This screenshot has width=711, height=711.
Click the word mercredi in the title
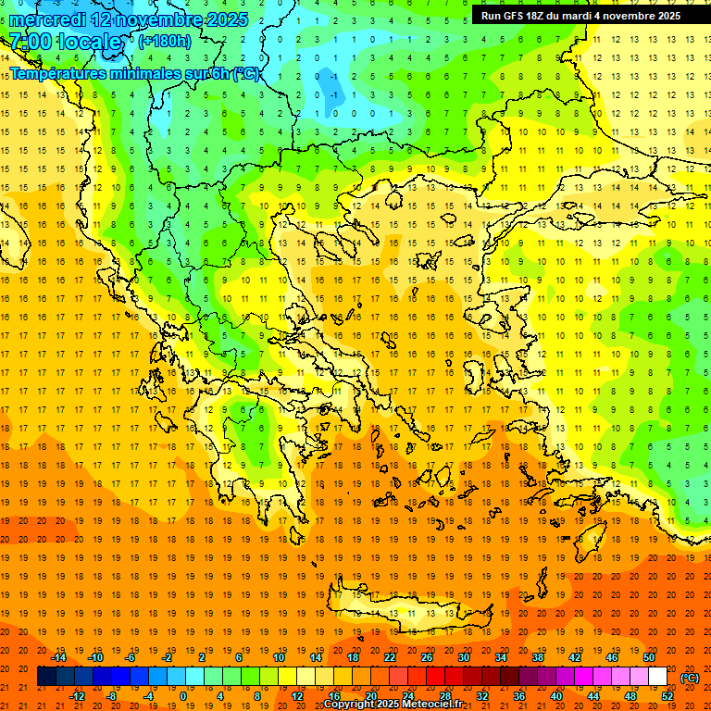click(x=47, y=19)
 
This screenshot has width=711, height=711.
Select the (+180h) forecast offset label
click(x=165, y=41)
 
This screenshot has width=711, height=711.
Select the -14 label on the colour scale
click(x=57, y=657)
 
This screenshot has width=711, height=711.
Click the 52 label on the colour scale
click(x=667, y=696)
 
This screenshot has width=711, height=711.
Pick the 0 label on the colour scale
click(x=182, y=696)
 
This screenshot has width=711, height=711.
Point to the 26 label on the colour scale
click(x=426, y=657)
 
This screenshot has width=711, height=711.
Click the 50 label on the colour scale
click(x=648, y=657)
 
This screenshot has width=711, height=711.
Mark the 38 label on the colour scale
click(x=537, y=657)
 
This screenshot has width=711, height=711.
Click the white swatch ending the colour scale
click(x=657, y=677)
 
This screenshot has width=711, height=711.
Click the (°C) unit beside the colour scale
click(x=690, y=678)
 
